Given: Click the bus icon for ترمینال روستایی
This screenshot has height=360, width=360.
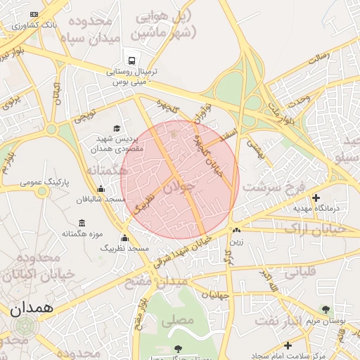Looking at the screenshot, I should (x=131, y=60).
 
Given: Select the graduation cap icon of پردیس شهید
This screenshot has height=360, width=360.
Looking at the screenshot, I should (x=117, y=128).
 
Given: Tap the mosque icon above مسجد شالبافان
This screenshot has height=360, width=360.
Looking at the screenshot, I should (x=101, y=188).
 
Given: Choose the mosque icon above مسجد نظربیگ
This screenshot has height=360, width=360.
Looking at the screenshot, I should (x=124, y=238).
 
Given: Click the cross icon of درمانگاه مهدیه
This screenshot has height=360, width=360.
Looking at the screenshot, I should (x=316, y=198).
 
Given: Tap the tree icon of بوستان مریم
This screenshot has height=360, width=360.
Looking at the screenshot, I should (x=325, y=309).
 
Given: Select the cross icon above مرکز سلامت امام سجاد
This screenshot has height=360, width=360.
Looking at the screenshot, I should (x=288, y=345).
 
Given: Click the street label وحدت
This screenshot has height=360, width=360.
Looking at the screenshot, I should (x=300, y=100).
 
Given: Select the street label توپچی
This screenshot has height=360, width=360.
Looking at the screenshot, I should (x=85, y=112).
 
